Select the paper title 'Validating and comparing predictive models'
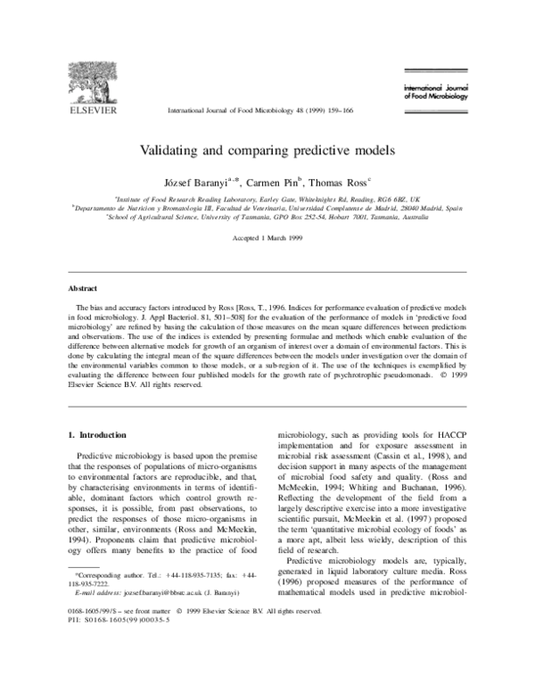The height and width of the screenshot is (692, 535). pos(267,148)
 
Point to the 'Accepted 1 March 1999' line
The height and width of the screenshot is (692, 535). pos(267,240)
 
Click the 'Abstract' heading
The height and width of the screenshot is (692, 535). pos(83,289)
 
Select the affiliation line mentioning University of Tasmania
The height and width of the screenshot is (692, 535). pos(267,216)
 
